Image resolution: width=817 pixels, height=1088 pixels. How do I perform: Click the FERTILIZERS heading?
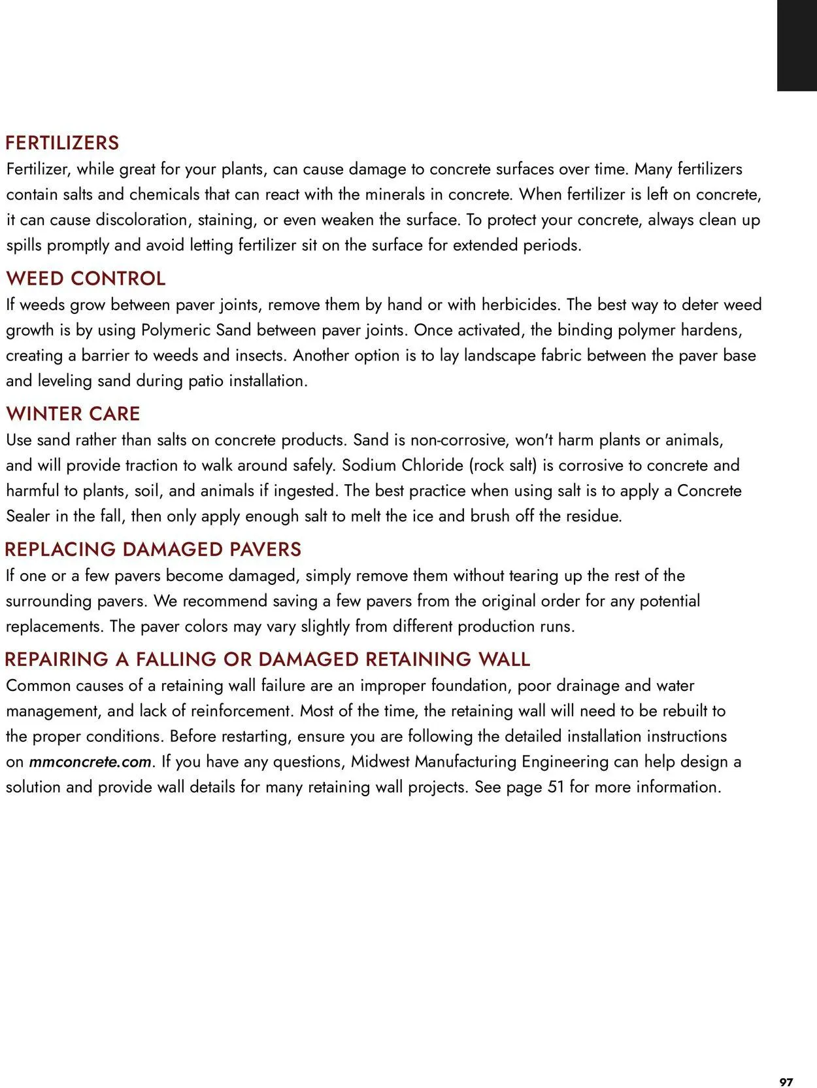pyautogui.click(x=62, y=143)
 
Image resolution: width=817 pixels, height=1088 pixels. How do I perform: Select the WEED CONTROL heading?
pyautogui.click(x=86, y=278)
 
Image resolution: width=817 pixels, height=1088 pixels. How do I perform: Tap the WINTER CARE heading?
pyautogui.click(x=73, y=413)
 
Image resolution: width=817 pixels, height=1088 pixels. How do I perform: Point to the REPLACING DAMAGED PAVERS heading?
pyautogui.click(x=153, y=549)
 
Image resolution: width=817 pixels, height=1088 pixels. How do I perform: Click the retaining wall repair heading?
pyautogui.click(x=267, y=659)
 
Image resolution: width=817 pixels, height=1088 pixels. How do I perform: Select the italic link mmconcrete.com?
pyautogui.click(x=90, y=762)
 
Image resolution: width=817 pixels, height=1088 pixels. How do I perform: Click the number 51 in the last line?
pyautogui.click(x=556, y=786)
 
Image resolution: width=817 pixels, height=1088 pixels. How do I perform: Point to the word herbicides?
pyautogui.click(x=520, y=304)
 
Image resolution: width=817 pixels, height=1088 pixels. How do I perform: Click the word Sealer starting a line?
pyautogui.click(x=28, y=516)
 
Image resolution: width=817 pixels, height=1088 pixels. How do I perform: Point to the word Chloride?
pyautogui.click(x=431, y=465)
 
